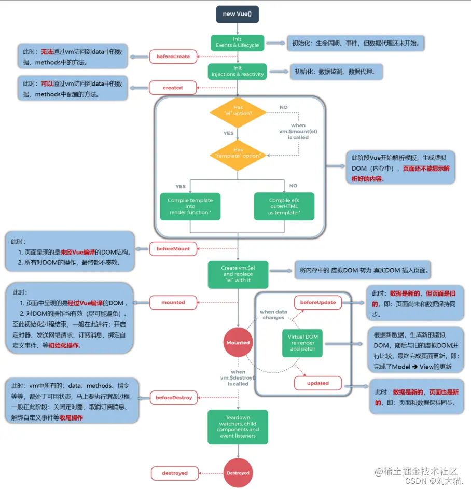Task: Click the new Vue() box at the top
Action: pyautogui.click(x=238, y=14)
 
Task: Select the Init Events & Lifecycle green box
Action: pyautogui.click(x=238, y=43)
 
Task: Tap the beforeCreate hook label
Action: pyautogui.click(x=173, y=56)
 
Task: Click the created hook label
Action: pyautogui.click(x=173, y=88)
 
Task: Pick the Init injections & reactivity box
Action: pyautogui.click(x=238, y=71)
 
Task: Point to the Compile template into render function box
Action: pyautogui.click(x=190, y=206)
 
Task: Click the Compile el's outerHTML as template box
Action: pyautogui.click(x=284, y=206)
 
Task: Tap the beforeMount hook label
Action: pyautogui.click(x=173, y=249)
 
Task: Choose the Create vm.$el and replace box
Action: pyautogui.click(x=238, y=274)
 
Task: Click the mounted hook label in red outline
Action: pyautogui.click(x=173, y=302)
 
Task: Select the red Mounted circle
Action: pyautogui.click(x=238, y=343)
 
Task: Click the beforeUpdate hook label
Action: pyautogui.click(x=317, y=302)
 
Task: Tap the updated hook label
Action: pyautogui.click(x=317, y=383)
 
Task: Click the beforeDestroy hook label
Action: pyautogui.click(x=174, y=398)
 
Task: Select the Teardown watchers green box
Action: pyautogui.click(x=238, y=427)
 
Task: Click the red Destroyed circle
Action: pyautogui.click(x=238, y=473)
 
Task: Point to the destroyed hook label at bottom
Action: pyautogui.click(x=174, y=473)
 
